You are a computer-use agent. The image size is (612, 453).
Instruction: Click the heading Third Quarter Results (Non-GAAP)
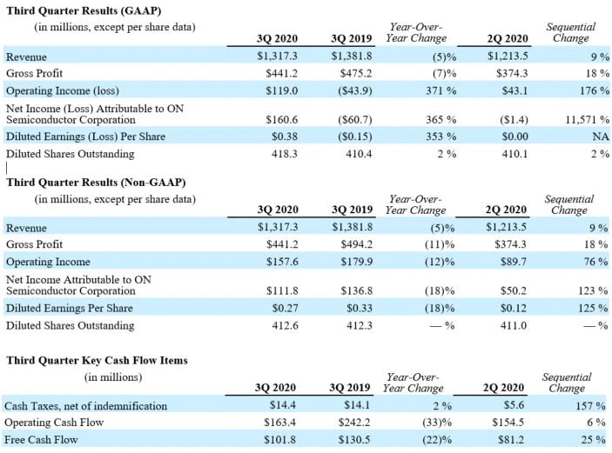(x=96, y=183)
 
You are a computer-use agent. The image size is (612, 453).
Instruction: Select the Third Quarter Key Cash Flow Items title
(x=97, y=360)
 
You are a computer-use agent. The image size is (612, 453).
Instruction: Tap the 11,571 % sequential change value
(x=588, y=119)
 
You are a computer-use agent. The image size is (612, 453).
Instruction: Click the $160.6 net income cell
(x=282, y=119)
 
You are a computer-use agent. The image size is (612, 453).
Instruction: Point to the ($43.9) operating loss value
(x=355, y=90)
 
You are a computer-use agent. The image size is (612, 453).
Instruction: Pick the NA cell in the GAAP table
(x=601, y=137)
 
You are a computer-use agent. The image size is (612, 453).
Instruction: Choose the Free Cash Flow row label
(x=41, y=440)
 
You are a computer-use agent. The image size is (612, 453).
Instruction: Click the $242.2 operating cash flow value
(x=354, y=423)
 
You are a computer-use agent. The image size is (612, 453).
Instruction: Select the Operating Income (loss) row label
(x=63, y=90)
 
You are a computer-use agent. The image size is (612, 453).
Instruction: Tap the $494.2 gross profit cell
(x=357, y=244)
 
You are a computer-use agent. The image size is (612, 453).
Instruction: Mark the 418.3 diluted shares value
(x=285, y=154)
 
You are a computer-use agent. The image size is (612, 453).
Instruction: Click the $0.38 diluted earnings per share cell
(x=285, y=137)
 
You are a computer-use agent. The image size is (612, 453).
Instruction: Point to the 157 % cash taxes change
(x=591, y=406)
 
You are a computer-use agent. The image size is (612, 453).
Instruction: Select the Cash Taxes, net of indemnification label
(x=86, y=406)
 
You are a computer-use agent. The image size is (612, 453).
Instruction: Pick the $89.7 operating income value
(x=514, y=262)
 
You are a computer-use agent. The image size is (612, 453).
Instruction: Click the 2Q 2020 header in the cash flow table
(x=503, y=388)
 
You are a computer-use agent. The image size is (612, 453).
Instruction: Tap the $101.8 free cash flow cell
(x=279, y=440)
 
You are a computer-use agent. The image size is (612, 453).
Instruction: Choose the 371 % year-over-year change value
(x=441, y=90)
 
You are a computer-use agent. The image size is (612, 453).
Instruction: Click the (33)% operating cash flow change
(x=437, y=423)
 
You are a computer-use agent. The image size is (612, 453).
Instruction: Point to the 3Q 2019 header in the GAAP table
(x=352, y=38)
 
